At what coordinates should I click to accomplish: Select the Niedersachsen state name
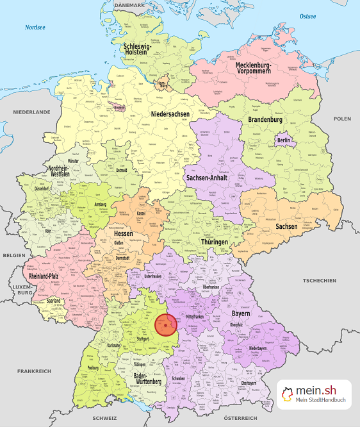point(170,113)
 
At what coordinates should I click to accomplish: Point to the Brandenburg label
point(265,120)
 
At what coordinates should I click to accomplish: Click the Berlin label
point(283,140)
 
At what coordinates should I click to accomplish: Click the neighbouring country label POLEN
point(342,119)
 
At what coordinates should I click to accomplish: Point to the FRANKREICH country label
point(34,371)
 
